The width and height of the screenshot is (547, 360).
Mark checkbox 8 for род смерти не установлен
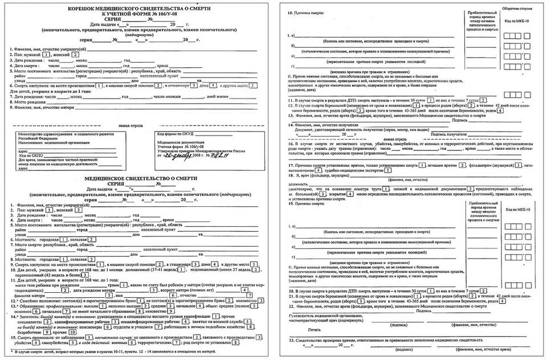235,344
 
